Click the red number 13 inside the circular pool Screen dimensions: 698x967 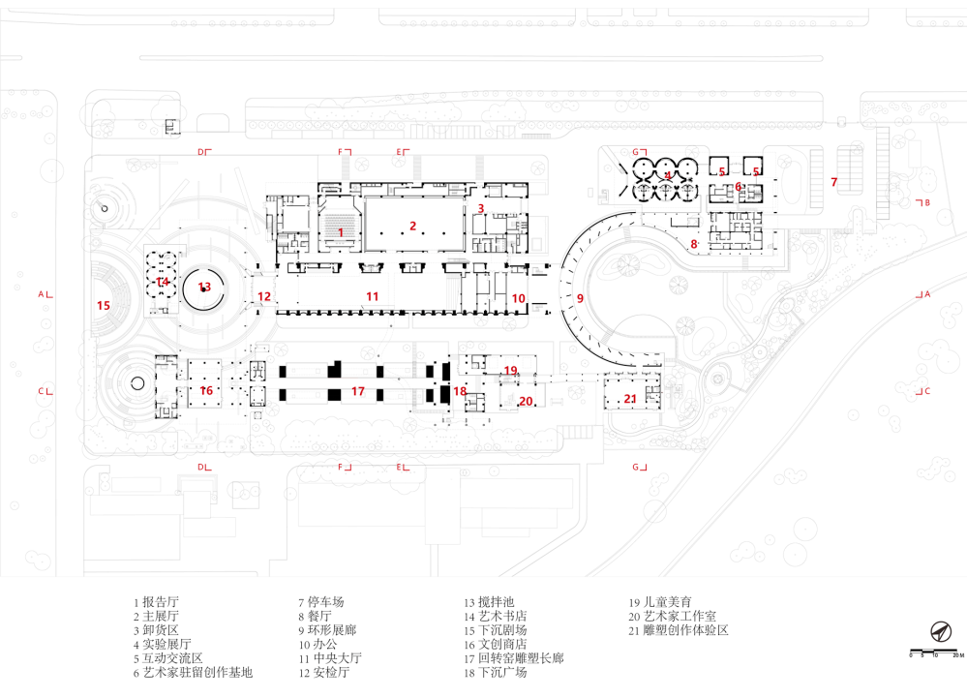point(204,287)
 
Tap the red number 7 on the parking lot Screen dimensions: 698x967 point(833,182)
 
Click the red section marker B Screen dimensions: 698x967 point(925,202)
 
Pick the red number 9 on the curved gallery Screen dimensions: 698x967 point(581,298)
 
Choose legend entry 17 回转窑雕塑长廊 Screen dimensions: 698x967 point(513,658)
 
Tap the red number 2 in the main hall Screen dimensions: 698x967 point(412,227)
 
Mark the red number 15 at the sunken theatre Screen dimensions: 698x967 point(104,306)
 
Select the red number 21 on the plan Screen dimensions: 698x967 point(630,399)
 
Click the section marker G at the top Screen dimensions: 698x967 point(636,152)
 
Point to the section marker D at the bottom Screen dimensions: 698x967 point(202,467)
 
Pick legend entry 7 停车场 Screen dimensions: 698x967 point(320,601)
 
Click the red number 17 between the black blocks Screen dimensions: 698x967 point(358,391)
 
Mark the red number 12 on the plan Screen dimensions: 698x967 point(263,296)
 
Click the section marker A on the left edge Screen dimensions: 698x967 point(42,293)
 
